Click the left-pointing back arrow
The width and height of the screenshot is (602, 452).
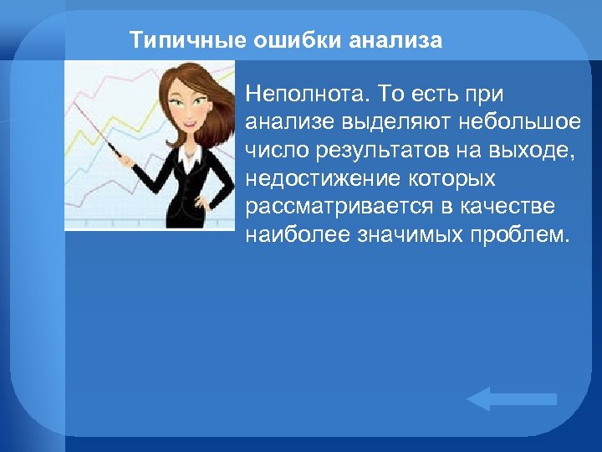(510, 399)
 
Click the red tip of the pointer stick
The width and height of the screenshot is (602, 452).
(74, 104)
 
